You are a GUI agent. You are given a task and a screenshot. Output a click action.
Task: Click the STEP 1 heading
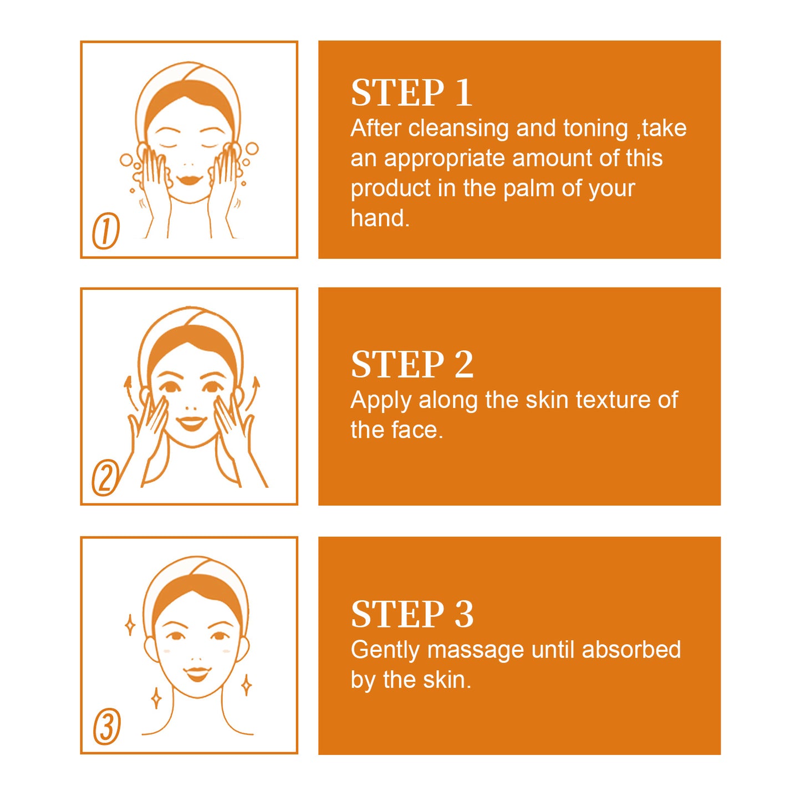click(x=411, y=93)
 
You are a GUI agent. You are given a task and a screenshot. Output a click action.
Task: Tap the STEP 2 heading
click(x=412, y=365)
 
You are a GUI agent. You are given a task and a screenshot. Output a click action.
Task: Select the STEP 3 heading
click(x=412, y=614)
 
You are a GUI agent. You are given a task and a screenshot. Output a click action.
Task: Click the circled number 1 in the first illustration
click(x=106, y=231)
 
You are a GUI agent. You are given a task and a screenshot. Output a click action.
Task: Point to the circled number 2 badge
click(x=105, y=477)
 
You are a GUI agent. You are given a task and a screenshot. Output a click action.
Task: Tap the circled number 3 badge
click(x=107, y=726)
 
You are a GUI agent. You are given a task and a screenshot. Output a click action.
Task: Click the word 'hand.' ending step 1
click(x=380, y=218)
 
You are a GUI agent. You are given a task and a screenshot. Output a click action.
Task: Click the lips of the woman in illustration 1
click(x=189, y=180)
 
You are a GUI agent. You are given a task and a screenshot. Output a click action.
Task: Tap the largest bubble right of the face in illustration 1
click(x=252, y=149)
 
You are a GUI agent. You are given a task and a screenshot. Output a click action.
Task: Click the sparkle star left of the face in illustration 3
click(x=130, y=625)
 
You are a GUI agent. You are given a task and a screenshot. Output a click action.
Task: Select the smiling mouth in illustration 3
click(x=197, y=674)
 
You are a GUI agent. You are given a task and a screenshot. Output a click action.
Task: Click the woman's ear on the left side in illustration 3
click(x=150, y=648)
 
